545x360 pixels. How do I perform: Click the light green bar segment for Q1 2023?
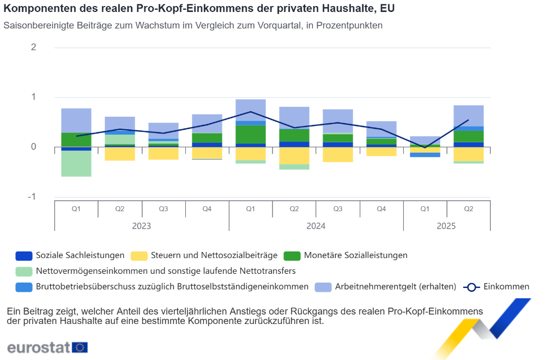tap(76, 164)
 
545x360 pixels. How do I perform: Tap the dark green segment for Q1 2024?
tap(251, 134)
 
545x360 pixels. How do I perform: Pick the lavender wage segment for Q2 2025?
tap(469, 116)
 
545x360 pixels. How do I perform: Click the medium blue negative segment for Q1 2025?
tap(425, 155)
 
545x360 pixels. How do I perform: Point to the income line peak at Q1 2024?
tap(251, 112)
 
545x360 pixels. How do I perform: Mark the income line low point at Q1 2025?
tap(425, 147)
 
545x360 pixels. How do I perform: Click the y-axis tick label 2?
tap(34, 47)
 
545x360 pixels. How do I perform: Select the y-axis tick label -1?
tap(32, 197)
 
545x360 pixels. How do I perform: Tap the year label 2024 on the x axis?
tap(316, 226)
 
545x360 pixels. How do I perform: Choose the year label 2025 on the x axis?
tap(447, 226)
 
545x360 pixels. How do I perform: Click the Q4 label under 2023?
tap(207, 209)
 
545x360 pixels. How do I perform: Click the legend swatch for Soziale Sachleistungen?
tap(24, 255)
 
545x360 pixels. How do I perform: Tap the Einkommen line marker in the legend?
tap(471, 287)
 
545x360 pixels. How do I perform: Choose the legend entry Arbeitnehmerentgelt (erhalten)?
tap(395, 287)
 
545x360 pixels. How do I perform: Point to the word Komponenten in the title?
tap(36, 9)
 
